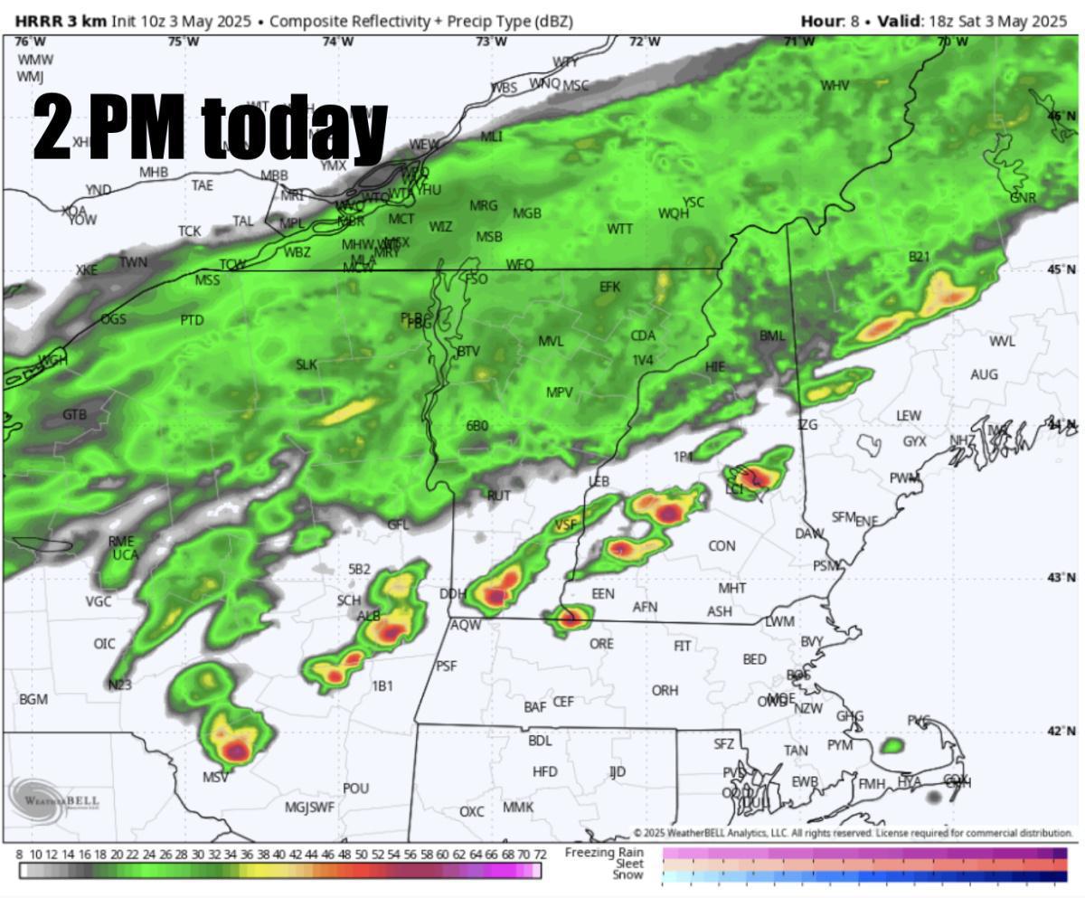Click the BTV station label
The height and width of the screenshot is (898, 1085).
click(x=468, y=351)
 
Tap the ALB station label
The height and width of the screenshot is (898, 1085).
click(x=369, y=616)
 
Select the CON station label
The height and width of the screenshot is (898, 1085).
click(x=722, y=546)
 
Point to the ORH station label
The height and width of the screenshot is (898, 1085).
click(x=665, y=691)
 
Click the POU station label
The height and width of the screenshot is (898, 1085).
click(x=355, y=789)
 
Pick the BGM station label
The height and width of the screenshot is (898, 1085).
click(x=33, y=700)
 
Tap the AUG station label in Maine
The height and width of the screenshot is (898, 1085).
click(x=985, y=374)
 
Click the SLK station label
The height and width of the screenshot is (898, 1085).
click(x=307, y=365)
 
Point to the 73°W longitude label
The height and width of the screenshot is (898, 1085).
click(x=491, y=42)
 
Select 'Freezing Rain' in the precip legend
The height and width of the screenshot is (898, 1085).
click(x=604, y=852)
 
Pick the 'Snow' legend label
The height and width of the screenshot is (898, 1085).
click(x=628, y=875)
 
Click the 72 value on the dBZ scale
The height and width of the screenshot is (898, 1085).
click(x=539, y=855)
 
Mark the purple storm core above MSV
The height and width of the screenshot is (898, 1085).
click(x=236, y=750)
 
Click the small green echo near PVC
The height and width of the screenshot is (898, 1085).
click(x=892, y=746)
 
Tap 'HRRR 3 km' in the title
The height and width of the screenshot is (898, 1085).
click(x=61, y=21)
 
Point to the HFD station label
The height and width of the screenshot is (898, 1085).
click(x=545, y=772)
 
